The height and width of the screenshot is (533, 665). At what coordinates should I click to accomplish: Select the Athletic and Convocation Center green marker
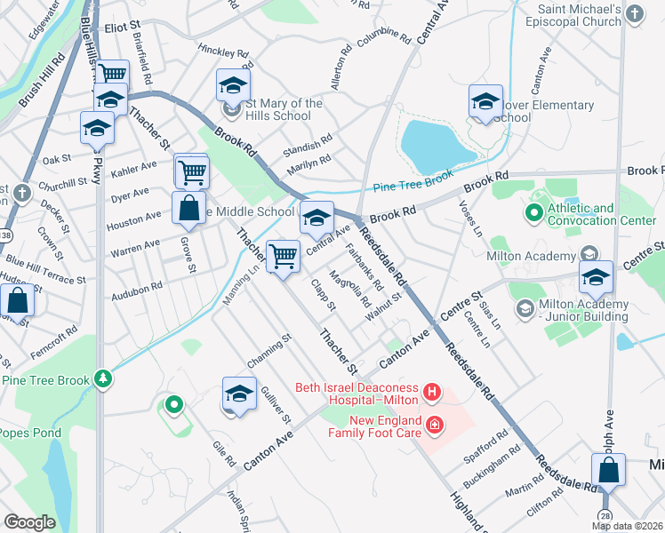coord(533,212)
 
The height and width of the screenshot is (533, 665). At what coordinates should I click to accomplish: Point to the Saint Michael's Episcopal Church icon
coord(635,13)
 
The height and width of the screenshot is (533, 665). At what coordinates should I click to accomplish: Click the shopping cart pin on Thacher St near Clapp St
coord(283,258)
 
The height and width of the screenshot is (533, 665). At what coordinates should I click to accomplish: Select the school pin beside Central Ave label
coord(316,218)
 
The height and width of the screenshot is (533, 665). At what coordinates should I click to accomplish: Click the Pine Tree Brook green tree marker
coord(105,379)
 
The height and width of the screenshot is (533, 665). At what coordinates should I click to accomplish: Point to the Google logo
coord(30,521)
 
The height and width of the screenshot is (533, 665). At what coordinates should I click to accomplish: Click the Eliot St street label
coord(124,28)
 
